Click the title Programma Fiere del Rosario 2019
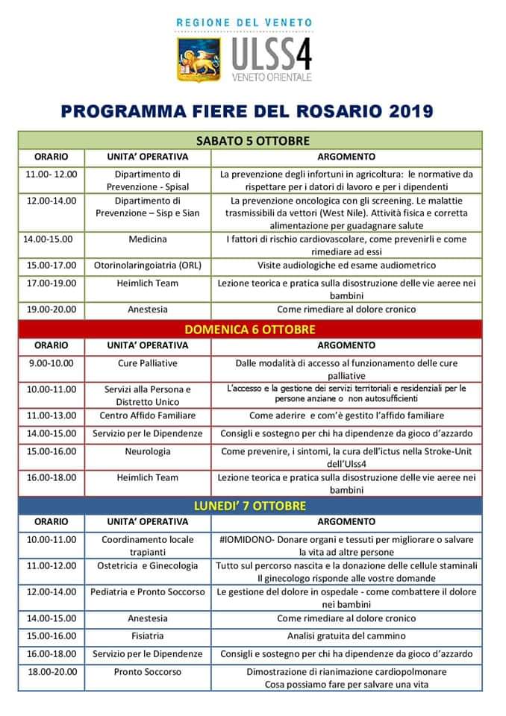tap(247, 113)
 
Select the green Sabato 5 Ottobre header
tap(252, 140)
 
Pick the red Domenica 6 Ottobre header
tap(249, 329)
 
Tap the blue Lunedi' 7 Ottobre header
tap(249, 506)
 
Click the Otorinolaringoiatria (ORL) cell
tap(148, 265)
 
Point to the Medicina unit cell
tap(147, 239)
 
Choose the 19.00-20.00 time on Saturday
tap(51, 309)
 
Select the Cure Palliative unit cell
tap(148, 363)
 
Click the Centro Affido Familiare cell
tap(148, 415)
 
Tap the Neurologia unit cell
tap(148, 451)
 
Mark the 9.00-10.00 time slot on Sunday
tap(51, 363)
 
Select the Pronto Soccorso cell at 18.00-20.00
tap(148, 671)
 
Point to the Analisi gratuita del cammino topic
tap(346, 635)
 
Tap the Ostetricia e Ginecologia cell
tap(148, 566)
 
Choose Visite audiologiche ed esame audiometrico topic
tap(346, 265)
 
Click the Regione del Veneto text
tap(244, 23)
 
